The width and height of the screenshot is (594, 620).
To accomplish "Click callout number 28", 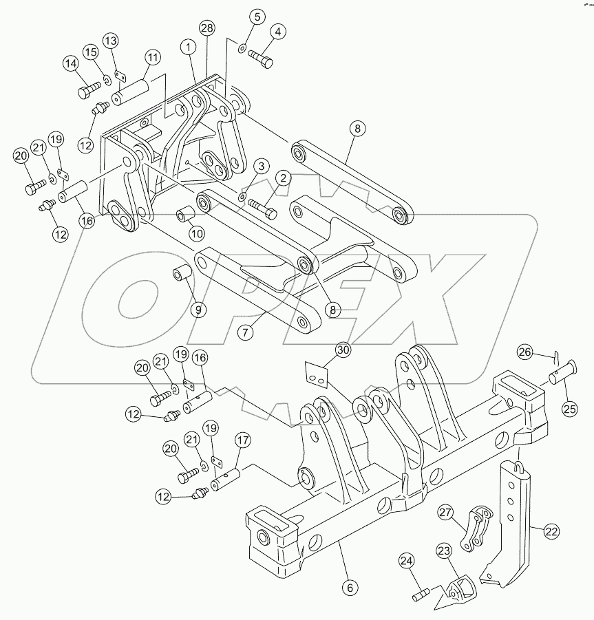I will point(206,28).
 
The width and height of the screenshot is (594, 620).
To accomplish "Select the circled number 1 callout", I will point(187,47).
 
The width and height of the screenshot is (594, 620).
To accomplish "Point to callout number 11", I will point(152,57).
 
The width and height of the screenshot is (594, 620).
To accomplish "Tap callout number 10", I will point(197,233).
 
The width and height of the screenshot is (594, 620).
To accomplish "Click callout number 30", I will point(343,350).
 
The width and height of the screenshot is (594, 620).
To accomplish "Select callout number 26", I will point(524,352).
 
